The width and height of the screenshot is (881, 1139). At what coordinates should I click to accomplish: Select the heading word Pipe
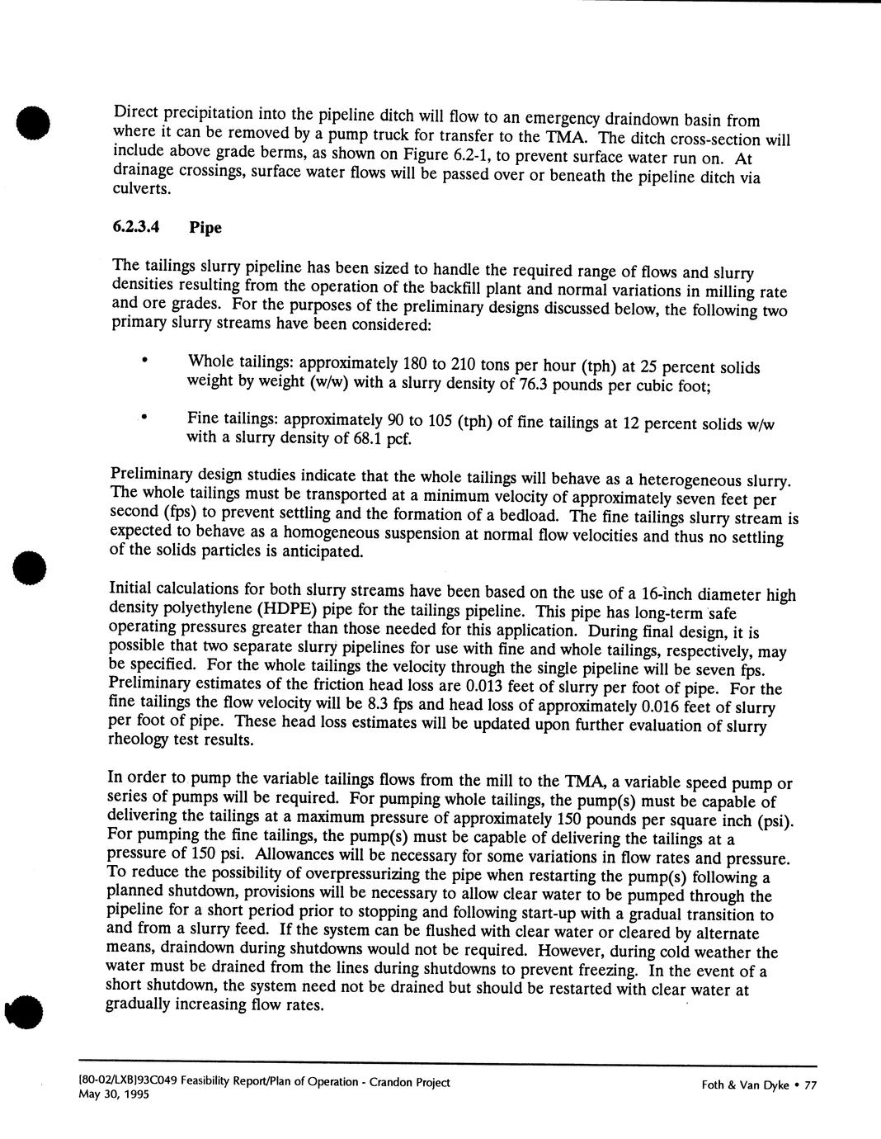click(x=205, y=227)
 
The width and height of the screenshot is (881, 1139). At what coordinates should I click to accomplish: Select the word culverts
click(x=141, y=188)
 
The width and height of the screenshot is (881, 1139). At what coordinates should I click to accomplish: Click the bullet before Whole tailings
click(x=144, y=360)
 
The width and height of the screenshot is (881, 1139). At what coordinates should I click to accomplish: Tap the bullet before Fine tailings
click(x=144, y=418)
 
